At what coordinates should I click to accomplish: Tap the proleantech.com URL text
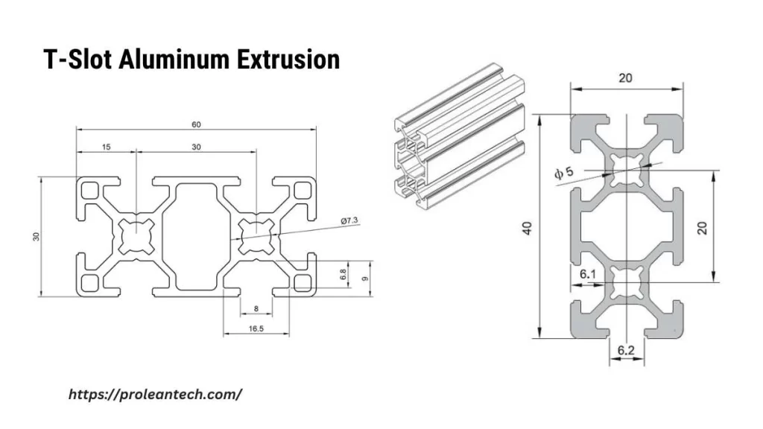click(155, 395)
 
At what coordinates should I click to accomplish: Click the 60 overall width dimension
click(196, 124)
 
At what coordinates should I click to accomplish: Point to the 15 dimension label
click(106, 147)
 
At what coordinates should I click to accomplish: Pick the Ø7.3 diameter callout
click(350, 221)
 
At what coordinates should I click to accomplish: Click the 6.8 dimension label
click(343, 275)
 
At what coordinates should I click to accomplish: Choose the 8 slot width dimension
click(256, 308)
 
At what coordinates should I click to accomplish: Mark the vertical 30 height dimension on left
click(36, 236)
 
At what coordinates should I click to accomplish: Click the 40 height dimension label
click(528, 226)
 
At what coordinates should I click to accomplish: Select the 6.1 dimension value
click(588, 274)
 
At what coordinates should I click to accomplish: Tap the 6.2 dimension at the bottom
click(627, 349)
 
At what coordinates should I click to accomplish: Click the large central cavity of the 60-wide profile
click(196, 236)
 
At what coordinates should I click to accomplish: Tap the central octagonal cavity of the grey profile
click(627, 226)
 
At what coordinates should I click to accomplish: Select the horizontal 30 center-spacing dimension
click(196, 147)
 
